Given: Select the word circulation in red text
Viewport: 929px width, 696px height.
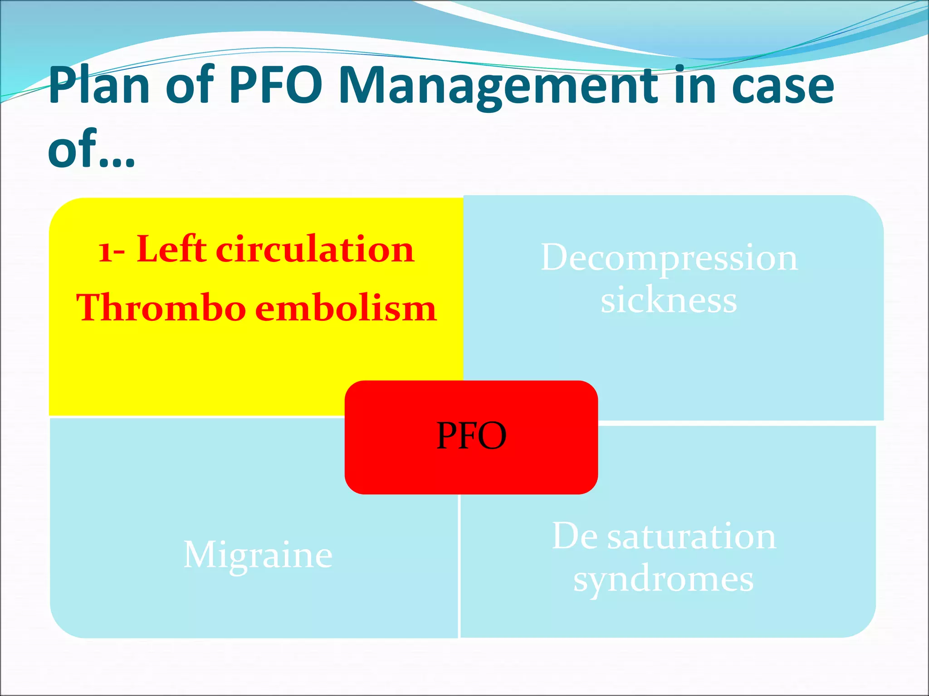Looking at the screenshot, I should coord(315,250).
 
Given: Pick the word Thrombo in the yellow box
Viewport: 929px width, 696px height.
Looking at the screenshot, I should coord(161,308).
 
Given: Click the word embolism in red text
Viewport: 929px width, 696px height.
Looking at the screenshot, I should coord(346,308).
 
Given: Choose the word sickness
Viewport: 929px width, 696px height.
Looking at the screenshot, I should coord(669,301).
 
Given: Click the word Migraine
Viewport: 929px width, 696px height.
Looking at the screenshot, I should coord(258,556).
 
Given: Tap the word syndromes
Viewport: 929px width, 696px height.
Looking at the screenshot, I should coord(664,580).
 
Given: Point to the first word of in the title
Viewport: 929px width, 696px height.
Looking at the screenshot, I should coord(190,86).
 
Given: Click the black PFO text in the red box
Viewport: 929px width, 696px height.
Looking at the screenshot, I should coord(471,436).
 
